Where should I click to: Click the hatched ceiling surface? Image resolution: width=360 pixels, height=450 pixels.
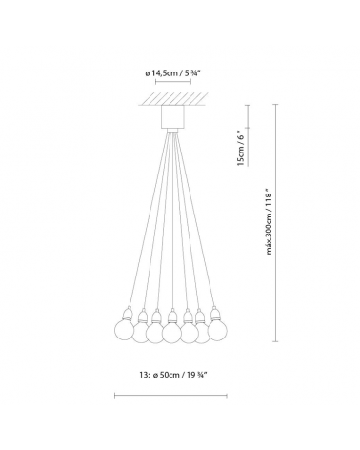click(x=171, y=99)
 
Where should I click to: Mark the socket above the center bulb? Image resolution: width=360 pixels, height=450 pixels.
click(x=171, y=316)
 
